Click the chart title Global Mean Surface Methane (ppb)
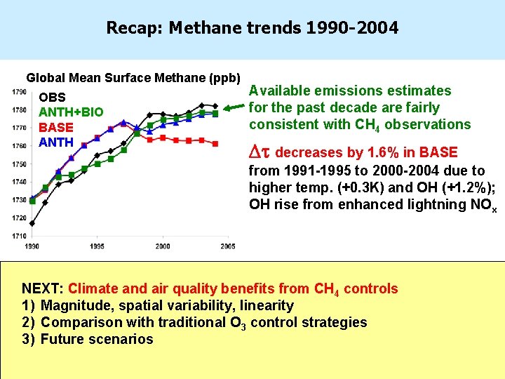point(133,77)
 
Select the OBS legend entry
point(53,98)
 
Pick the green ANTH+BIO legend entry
point(71,113)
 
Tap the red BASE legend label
point(56,128)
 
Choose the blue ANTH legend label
point(56,142)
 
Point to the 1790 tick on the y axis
point(19,92)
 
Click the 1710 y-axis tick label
point(19,236)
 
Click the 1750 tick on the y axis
point(19,164)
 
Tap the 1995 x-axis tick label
point(97,246)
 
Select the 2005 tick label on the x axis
point(227,246)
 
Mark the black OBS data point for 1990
point(32,223)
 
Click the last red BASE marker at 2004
point(215,142)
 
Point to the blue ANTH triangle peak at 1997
point(123,123)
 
